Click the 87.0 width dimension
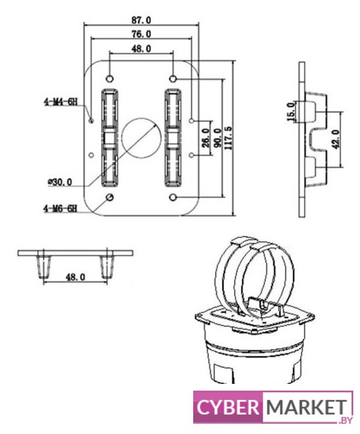tap(141, 20)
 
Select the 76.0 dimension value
tap(141, 34)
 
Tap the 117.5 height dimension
tap(229, 138)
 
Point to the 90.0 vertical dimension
tap(218, 138)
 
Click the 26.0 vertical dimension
tap(205, 138)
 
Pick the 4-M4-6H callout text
tap(60, 102)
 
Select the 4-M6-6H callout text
tap(60, 208)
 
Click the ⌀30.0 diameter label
tap(60, 182)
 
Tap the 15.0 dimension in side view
tap(291, 111)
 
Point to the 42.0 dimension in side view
tap(336, 140)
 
